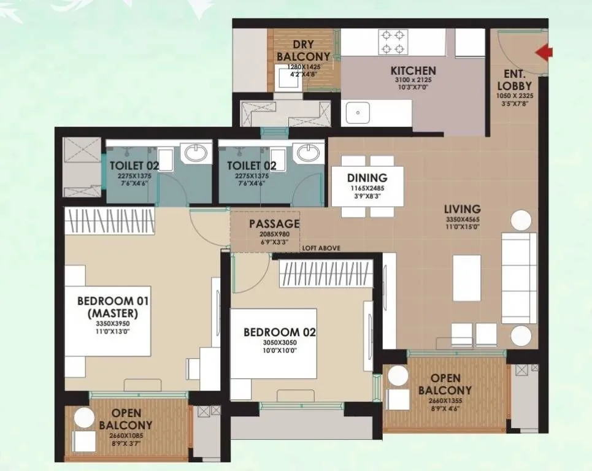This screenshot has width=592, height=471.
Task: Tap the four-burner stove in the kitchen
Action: [x=393, y=42]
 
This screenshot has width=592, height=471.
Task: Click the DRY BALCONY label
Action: [x=303, y=51]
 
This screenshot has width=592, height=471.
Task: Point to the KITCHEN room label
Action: [x=413, y=71]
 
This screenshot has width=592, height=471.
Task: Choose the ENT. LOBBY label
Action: [x=510, y=81]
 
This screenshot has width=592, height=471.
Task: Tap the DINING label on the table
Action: [x=367, y=178]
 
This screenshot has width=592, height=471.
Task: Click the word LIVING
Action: [x=463, y=209]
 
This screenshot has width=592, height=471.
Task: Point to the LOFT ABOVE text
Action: [x=321, y=248]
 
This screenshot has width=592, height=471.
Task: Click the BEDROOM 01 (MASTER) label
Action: [x=113, y=307]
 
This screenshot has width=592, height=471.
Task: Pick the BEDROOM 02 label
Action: [x=279, y=332]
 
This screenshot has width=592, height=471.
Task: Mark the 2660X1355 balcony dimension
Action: [x=445, y=401]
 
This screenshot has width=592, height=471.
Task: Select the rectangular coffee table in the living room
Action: [x=467, y=278]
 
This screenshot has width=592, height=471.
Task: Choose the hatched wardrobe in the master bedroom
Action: [x=110, y=221]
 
